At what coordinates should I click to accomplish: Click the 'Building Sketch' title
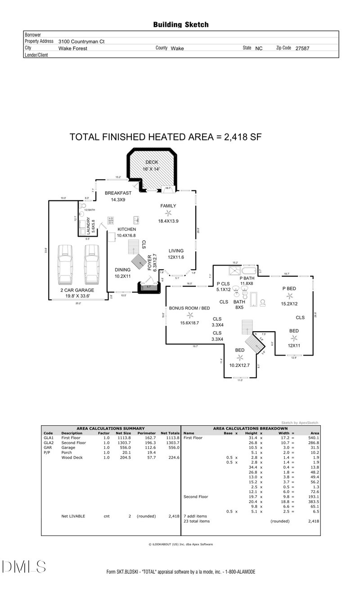tap(181, 25)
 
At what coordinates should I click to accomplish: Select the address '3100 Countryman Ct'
tap(81, 41)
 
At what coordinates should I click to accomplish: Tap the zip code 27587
tap(302, 48)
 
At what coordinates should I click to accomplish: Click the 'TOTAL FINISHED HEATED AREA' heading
tap(166, 137)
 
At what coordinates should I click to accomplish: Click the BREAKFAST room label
tap(118, 193)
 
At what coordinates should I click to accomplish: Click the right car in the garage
tap(91, 263)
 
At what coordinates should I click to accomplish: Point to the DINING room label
tap(122, 270)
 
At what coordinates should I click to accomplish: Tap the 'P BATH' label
tap(247, 279)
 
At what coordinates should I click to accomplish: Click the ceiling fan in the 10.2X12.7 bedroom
tap(240, 358)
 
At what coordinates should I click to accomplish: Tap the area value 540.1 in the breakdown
tap(313, 437)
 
